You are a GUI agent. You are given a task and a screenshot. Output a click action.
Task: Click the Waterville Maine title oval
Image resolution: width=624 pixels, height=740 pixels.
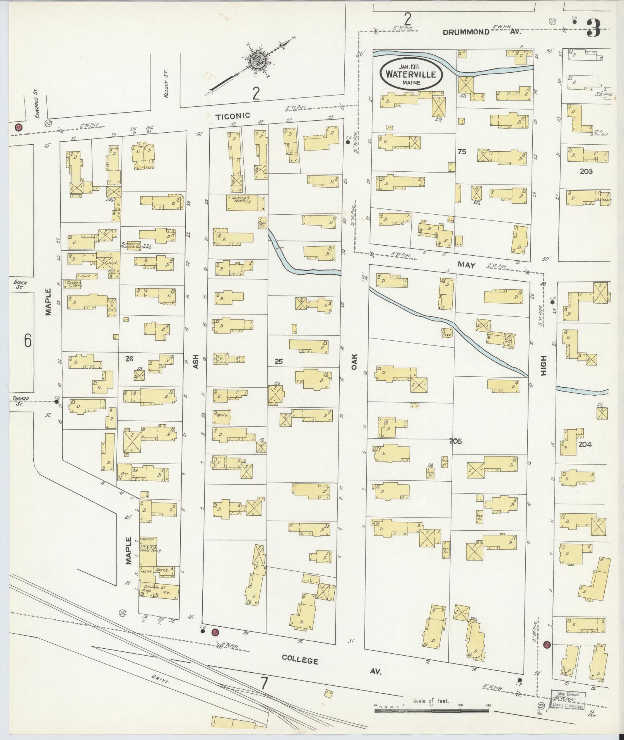point(411,74)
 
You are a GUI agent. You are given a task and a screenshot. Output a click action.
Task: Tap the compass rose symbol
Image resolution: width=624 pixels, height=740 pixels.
point(256,60)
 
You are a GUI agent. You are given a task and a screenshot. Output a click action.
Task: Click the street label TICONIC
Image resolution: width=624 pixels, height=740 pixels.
point(233,116)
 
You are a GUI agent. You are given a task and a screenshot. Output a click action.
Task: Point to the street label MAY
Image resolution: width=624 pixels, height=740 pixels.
point(467,265)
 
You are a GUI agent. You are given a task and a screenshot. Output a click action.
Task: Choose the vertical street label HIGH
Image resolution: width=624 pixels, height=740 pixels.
point(544,365)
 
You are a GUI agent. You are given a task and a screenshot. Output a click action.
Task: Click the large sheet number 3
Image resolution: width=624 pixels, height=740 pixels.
point(593,28)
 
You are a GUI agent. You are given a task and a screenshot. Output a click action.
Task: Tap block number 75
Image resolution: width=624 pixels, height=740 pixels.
point(462,152)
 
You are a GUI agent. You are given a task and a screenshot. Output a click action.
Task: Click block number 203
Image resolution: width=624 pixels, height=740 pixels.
point(586,171)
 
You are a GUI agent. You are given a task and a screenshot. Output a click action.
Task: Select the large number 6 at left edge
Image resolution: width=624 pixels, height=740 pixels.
point(27,340)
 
